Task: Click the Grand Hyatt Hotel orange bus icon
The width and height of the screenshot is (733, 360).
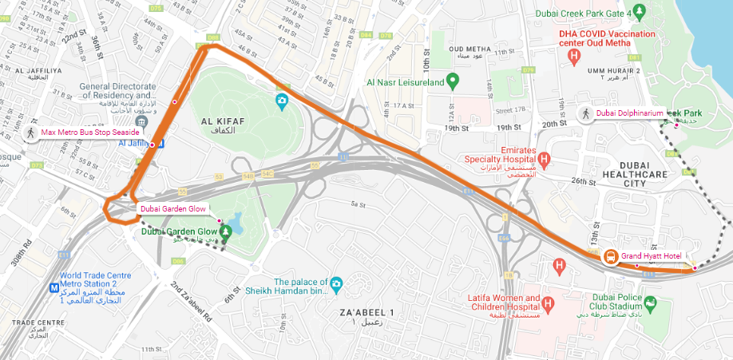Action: click(x=610, y=256)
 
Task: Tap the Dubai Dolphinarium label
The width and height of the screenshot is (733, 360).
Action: click(x=629, y=113)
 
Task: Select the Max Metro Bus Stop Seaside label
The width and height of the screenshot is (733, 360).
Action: click(x=90, y=132)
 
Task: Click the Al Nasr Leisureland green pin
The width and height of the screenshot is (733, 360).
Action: click(x=452, y=81)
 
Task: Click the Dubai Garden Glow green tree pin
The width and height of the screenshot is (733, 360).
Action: click(x=225, y=231)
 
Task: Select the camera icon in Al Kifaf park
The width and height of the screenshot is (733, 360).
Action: click(x=281, y=101)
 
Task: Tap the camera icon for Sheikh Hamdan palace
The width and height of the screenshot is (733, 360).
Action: click(x=336, y=283)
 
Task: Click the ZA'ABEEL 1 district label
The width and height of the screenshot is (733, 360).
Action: click(x=369, y=311)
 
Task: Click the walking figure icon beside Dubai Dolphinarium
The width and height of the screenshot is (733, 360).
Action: click(x=585, y=113)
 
